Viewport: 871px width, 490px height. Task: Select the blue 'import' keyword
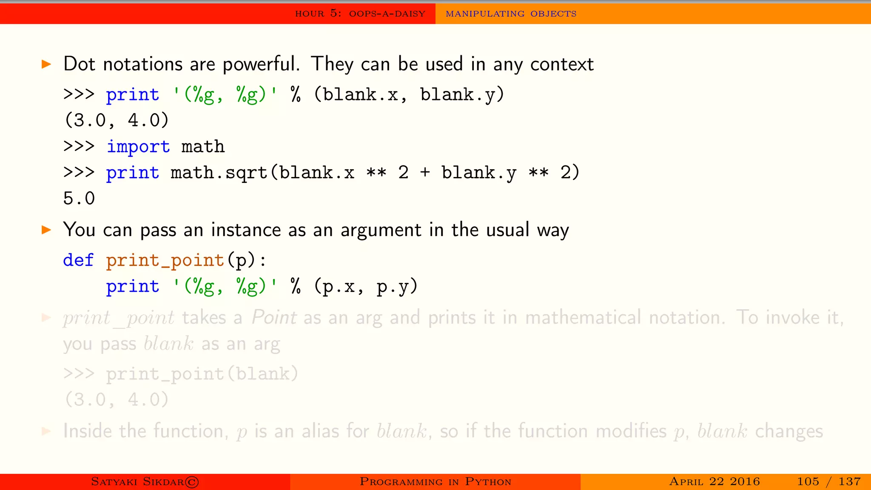coord(138,147)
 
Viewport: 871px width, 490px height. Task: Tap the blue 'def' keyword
coord(78,260)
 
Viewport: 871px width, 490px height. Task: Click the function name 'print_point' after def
coord(165,260)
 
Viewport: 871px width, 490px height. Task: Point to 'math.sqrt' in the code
coord(219,173)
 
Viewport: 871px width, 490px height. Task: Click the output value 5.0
coord(79,199)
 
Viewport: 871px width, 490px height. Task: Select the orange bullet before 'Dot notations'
coord(46,65)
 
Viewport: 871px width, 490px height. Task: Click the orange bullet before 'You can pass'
coord(46,230)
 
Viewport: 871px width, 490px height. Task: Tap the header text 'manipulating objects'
coord(511,14)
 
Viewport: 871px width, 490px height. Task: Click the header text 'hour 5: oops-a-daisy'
coord(360,14)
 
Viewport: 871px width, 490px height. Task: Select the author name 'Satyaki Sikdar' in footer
coord(137,481)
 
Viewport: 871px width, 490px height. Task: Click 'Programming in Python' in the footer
coord(435,481)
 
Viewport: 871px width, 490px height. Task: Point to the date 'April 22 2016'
coord(714,481)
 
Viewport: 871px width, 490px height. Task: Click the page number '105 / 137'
coord(828,481)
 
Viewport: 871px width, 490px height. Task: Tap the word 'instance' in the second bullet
coord(246,230)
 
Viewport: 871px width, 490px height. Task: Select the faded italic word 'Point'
coord(274,318)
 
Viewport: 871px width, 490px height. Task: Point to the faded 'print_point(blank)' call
coord(202,374)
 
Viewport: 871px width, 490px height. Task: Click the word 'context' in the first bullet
coord(562,64)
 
